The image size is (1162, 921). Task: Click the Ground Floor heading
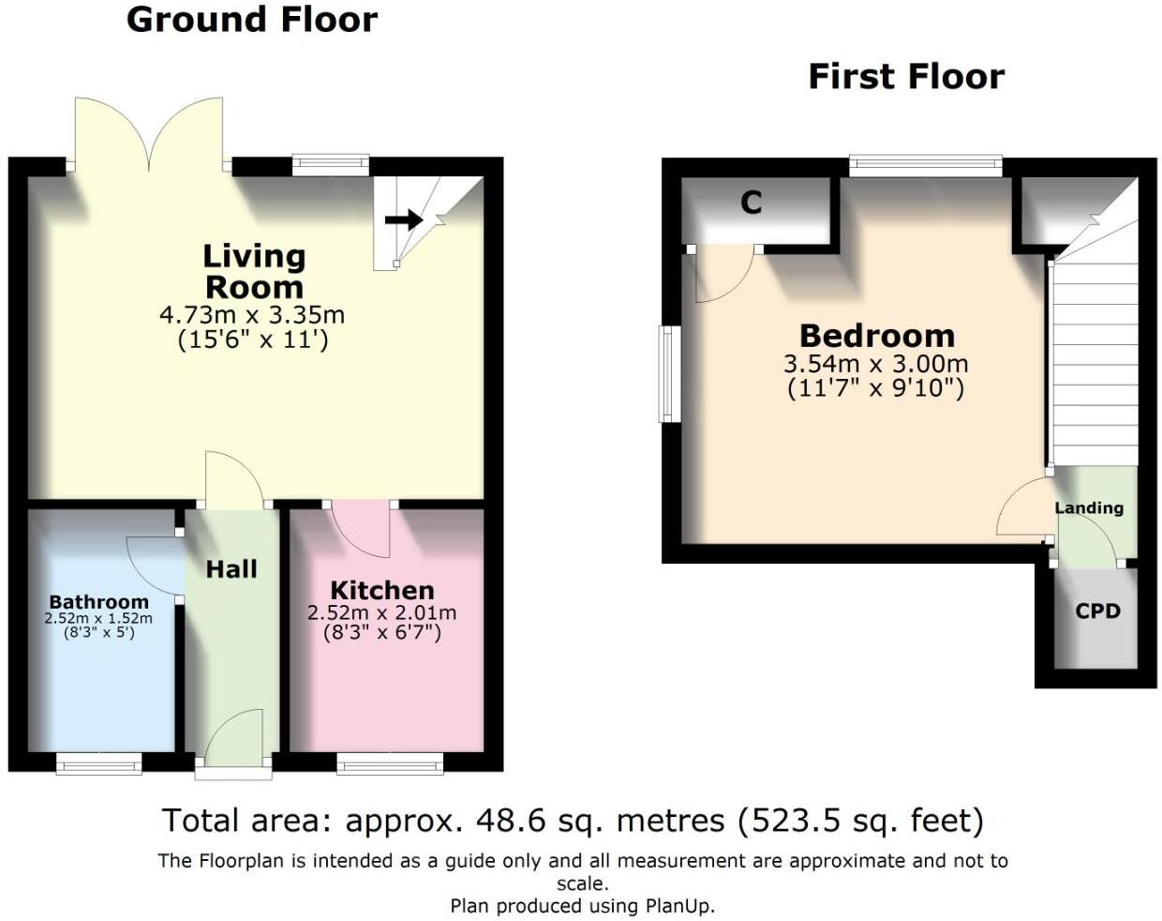click(251, 20)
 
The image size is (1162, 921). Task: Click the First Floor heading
click(905, 76)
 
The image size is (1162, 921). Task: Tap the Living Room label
click(254, 271)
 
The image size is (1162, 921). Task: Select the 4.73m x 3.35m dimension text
click(252, 315)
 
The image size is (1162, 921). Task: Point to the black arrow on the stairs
click(404, 220)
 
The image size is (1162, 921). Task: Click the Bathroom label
click(98, 602)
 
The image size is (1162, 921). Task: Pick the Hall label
click(231, 569)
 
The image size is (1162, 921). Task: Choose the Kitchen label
click(382, 591)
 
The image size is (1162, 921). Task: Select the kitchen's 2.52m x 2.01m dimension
click(382, 613)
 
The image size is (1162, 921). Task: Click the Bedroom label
click(877, 336)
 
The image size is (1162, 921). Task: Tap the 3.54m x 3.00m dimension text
click(876, 364)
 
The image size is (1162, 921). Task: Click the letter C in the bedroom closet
click(751, 203)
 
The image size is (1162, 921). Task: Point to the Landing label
click(1089, 508)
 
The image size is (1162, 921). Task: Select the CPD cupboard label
click(1097, 611)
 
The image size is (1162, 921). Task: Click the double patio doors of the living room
click(149, 136)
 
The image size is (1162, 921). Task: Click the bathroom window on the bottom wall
click(98, 763)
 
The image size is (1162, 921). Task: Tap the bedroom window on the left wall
click(668, 373)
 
